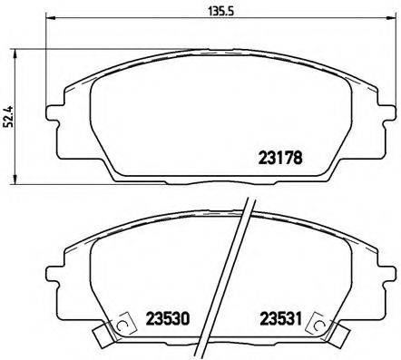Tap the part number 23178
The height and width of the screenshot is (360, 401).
point(275,155)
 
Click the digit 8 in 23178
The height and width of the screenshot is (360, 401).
point(297,155)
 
